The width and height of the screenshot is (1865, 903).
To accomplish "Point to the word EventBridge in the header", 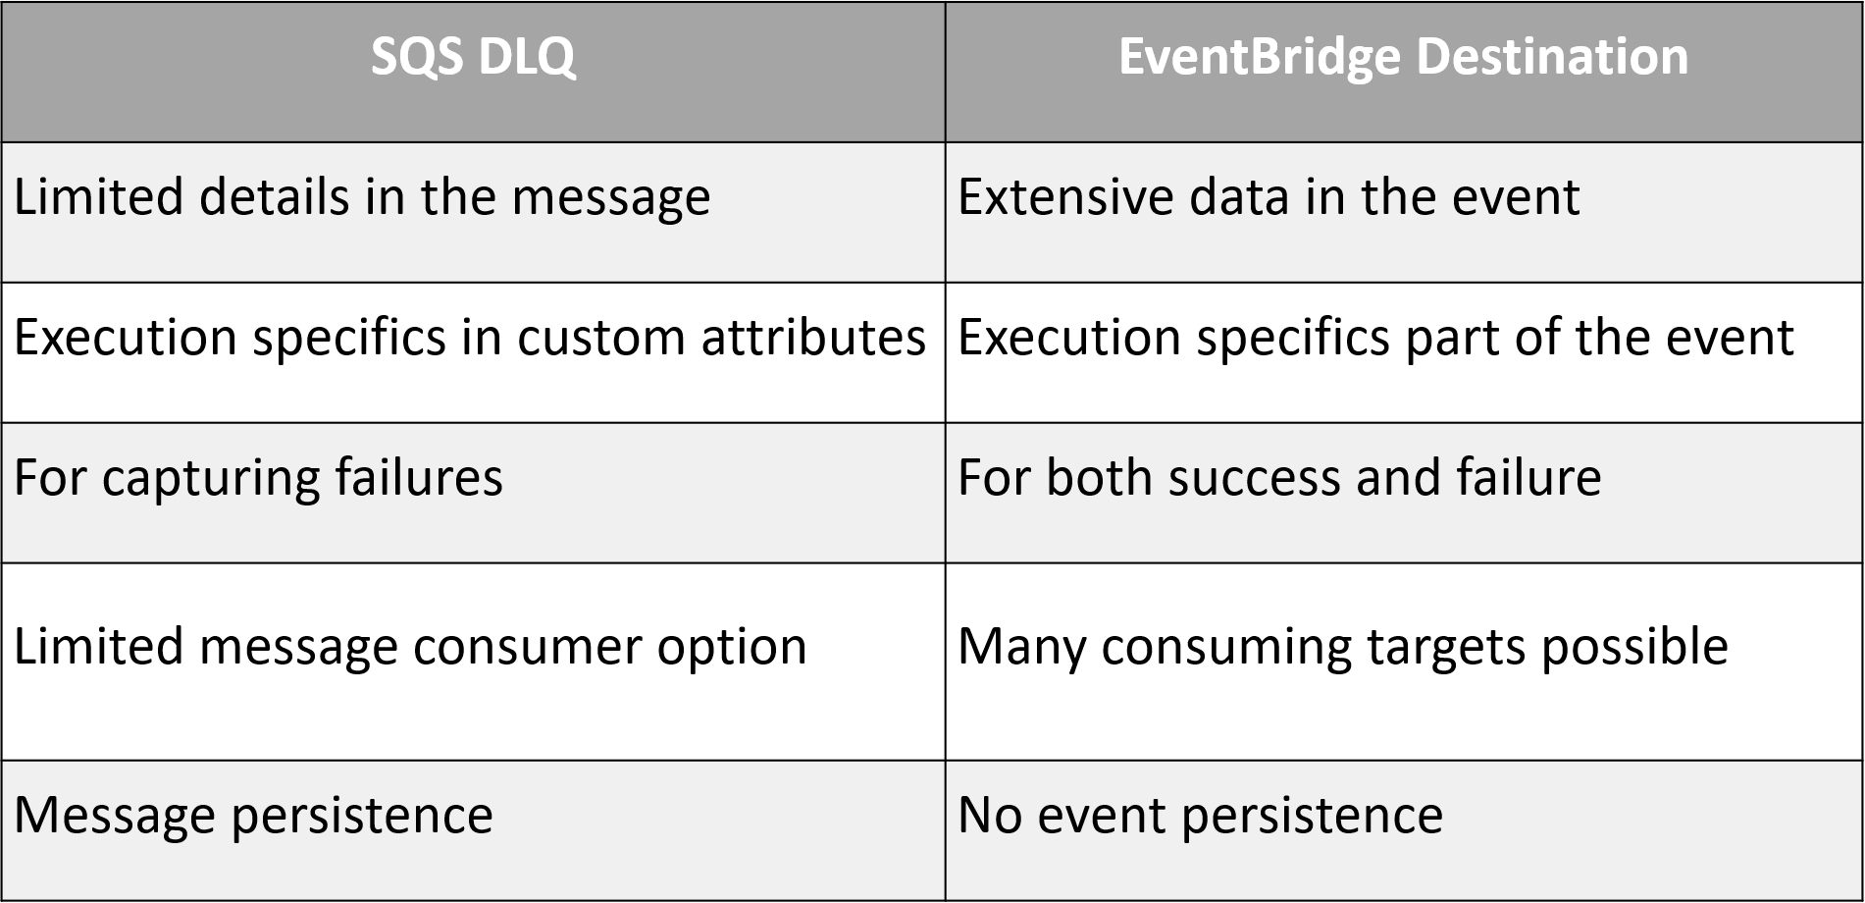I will [x=1260, y=57].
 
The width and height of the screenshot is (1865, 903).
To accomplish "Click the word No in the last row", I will [x=990, y=816].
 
